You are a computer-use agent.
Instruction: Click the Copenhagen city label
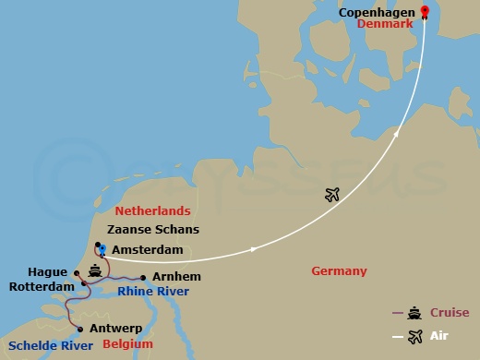[378, 15]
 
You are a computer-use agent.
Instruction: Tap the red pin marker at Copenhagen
[425, 12]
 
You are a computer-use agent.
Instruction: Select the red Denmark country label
[382, 29]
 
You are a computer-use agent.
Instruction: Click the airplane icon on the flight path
[333, 194]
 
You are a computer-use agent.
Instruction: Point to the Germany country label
[339, 270]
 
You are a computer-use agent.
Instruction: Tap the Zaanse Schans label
[153, 230]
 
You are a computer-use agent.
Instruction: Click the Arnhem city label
[177, 276]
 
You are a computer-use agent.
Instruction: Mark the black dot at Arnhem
[143, 277]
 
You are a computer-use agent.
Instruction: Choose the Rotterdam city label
[41, 287]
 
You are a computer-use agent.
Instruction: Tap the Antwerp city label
[116, 328]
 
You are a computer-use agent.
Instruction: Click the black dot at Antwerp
[81, 329]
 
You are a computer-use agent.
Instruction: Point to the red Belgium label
[128, 344]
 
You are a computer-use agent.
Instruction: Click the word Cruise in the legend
[449, 313]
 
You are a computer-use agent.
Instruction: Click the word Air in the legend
[439, 336]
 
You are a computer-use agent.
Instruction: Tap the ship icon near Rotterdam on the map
[95, 272]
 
